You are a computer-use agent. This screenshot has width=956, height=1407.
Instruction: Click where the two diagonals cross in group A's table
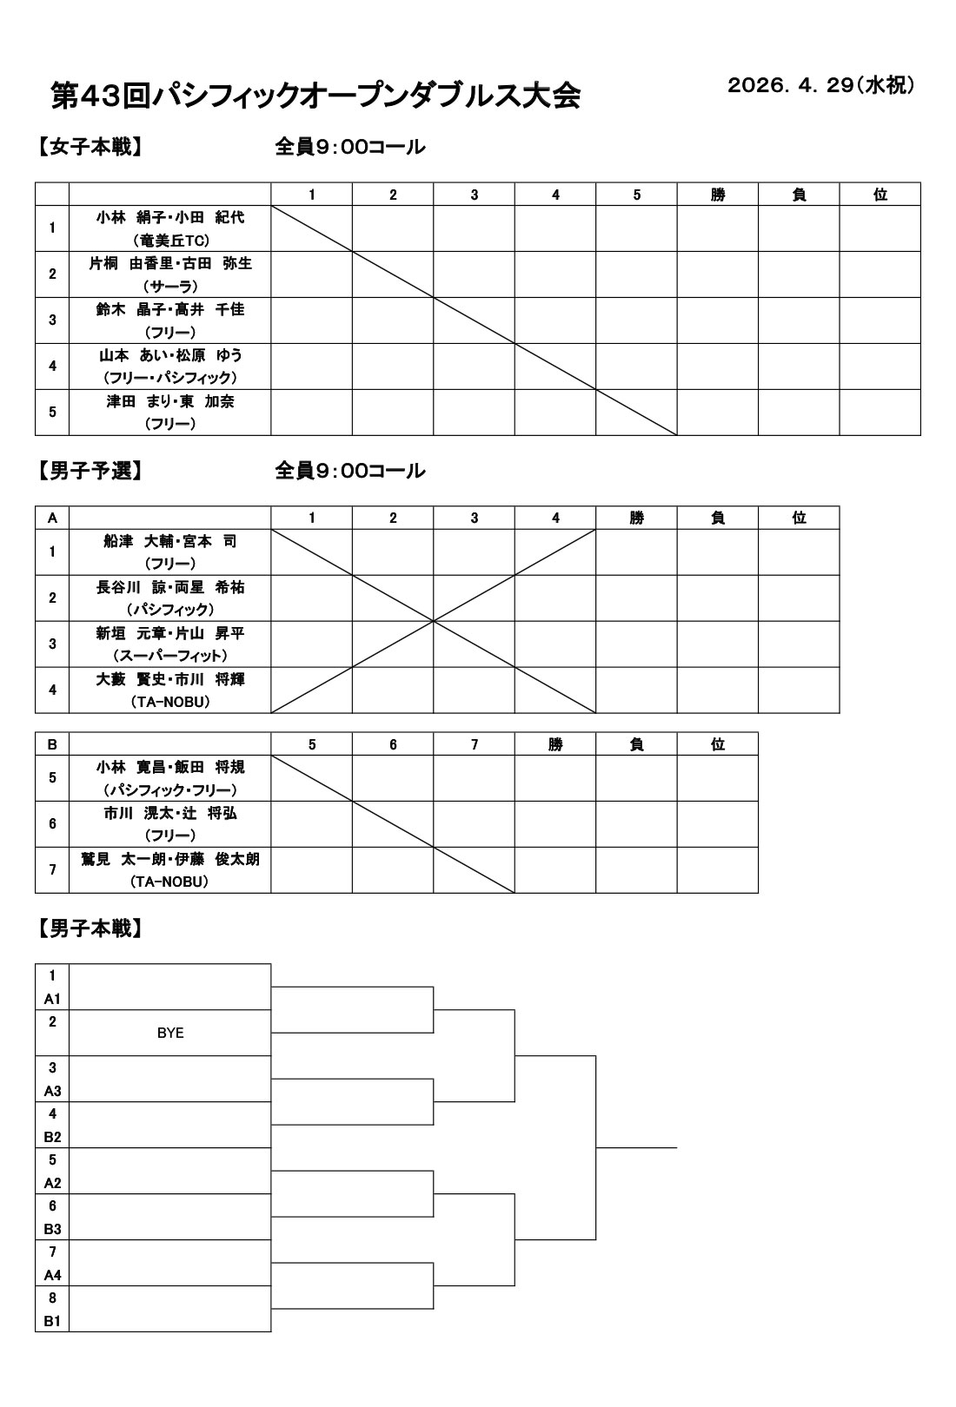(433, 621)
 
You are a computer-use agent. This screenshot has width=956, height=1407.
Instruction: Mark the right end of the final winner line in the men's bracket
(677, 1147)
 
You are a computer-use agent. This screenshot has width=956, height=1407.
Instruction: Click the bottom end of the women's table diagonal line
(677, 434)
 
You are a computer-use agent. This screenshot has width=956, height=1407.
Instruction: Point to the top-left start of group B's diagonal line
(271, 755)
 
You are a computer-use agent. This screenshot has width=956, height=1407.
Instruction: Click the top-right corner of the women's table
(921, 182)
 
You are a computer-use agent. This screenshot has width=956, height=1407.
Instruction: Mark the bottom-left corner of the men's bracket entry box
(35, 1331)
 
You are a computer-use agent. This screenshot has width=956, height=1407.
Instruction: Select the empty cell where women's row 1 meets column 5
(636, 228)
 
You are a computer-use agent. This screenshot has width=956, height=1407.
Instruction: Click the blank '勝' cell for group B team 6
(555, 824)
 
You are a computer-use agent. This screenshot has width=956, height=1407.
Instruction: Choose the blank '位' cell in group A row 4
(799, 690)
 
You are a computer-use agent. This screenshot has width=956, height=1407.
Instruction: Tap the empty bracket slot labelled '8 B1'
(169, 1309)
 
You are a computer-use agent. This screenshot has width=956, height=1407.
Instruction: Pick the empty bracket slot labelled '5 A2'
(169, 1171)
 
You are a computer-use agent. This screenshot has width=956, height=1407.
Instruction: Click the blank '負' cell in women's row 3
(799, 320)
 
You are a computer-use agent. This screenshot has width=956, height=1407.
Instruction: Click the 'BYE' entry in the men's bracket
(170, 1034)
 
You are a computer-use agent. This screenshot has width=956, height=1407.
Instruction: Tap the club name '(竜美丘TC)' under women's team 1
(170, 241)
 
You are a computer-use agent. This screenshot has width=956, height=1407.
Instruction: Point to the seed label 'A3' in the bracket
(52, 1091)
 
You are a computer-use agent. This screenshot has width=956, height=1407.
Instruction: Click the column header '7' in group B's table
(474, 744)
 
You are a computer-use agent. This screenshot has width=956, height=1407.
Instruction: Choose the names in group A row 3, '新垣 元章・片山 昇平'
(170, 633)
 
